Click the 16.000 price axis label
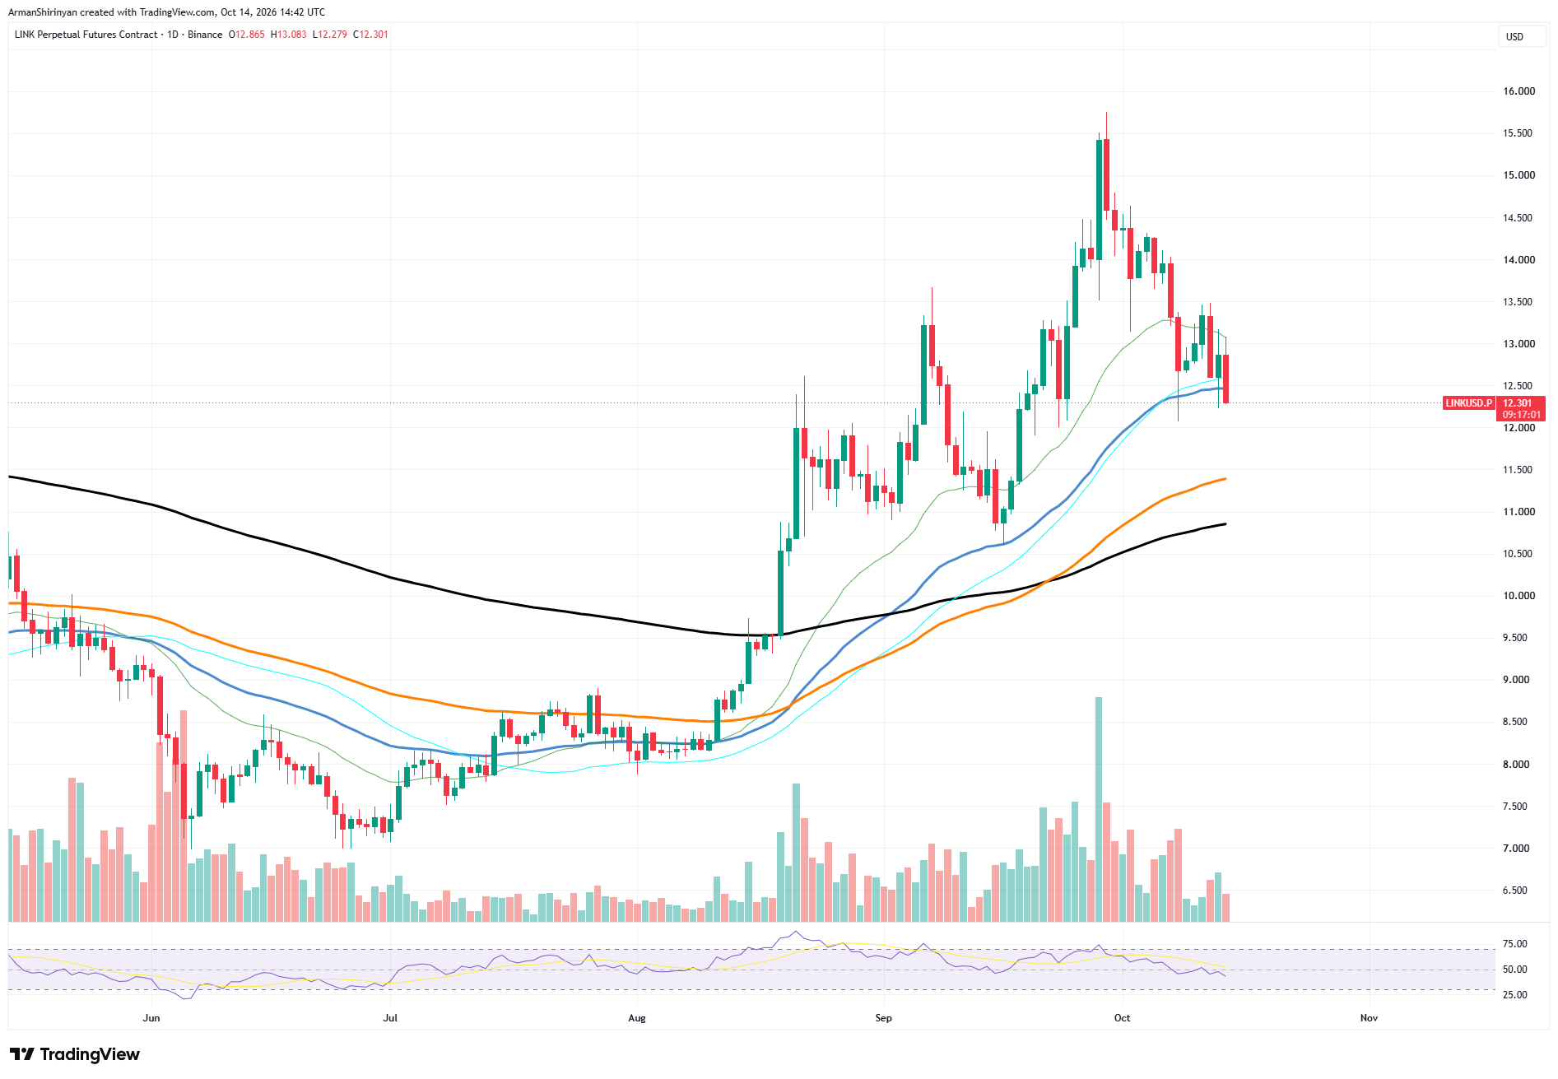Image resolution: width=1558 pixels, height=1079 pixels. point(1518,91)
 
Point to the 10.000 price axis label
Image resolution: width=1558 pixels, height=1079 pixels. point(1518,596)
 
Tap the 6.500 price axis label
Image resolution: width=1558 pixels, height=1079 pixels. point(1515,891)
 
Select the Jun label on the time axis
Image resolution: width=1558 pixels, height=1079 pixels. point(151,1018)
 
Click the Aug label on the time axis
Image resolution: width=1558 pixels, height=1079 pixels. point(637,1018)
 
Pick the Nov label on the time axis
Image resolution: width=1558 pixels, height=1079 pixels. point(1369,1018)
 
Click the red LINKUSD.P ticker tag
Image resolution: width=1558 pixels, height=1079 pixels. point(1469,403)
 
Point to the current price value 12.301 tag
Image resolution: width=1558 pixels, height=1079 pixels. point(1518,403)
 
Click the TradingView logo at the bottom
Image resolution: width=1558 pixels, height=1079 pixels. point(75,1054)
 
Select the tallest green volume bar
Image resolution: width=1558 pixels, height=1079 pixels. point(1099,809)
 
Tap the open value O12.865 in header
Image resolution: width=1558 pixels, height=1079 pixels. point(247,35)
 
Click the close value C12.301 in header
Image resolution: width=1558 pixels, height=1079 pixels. point(370,35)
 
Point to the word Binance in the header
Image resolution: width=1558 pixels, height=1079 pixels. point(205,35)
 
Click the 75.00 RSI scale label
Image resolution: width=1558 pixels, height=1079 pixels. point(1515,944)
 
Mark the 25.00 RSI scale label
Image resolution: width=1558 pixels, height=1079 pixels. point(1515,995)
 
